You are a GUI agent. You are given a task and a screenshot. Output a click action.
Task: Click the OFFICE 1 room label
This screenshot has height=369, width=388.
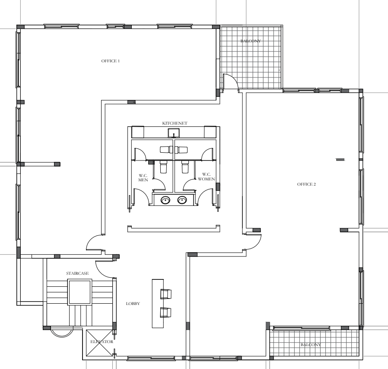110,61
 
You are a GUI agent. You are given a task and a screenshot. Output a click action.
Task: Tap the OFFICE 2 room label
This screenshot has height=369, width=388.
306,184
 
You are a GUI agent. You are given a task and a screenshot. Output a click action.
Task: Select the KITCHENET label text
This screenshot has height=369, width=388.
175,123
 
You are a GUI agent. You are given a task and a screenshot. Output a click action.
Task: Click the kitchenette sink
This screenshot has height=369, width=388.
174,133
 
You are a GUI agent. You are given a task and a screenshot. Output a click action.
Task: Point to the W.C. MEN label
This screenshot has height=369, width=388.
143,178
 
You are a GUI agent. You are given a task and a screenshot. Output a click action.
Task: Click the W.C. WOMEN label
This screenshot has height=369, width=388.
207,176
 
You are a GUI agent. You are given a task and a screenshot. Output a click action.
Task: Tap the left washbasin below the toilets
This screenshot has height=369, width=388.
165,200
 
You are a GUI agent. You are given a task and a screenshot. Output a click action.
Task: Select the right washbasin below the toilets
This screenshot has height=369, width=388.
182,199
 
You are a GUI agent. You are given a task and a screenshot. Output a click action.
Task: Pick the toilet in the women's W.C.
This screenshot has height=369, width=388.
185,167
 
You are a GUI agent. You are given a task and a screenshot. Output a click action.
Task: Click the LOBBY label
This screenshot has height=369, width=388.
133,304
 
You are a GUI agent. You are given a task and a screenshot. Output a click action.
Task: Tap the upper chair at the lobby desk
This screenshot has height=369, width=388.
166,294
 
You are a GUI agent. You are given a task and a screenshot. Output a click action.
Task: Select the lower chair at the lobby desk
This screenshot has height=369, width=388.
166,312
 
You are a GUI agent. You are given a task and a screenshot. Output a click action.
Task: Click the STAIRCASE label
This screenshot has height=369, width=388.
77,273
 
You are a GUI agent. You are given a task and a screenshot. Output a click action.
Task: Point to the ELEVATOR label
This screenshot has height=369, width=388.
102,342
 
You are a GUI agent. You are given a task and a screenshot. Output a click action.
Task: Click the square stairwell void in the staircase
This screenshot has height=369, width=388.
80,292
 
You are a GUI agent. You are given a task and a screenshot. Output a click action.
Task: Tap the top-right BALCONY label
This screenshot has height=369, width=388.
251,41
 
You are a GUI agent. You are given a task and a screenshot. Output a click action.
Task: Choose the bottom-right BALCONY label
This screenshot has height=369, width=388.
311,345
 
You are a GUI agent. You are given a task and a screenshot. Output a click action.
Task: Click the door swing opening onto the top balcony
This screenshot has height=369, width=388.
234,77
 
